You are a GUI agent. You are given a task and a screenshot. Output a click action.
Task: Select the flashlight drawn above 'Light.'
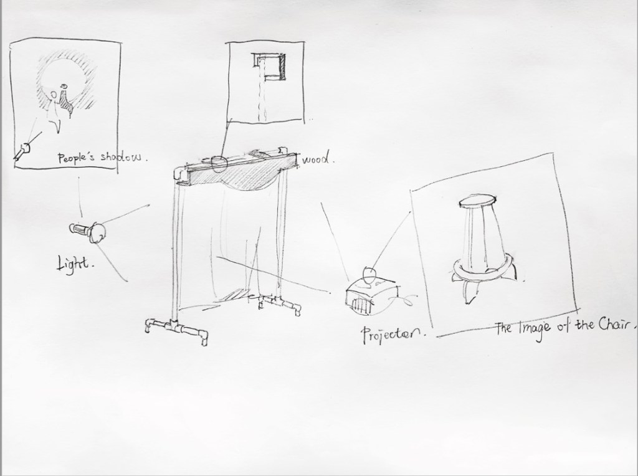[87, 232]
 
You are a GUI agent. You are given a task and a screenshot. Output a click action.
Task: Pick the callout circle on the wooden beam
[219, 164]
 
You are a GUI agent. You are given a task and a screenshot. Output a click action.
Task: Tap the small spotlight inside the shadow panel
[22, 151]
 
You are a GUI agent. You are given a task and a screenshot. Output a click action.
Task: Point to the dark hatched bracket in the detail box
[281, 67]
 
